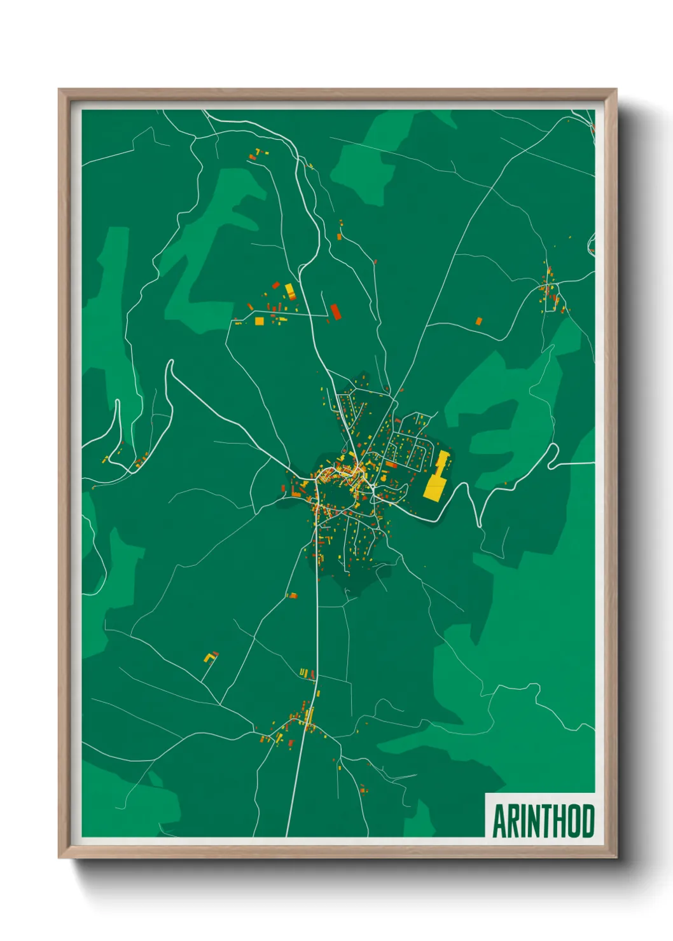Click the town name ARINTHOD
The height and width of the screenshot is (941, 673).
click(543, 821)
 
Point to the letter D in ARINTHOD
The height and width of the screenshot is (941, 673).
click(588, 821)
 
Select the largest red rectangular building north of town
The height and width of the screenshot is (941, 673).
click(335, 312)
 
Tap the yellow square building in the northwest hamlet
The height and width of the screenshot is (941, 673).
click(260, 321)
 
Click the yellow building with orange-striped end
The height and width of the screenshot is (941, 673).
click(289, 292)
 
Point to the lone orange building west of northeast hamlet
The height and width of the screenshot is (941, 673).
click(479, 321)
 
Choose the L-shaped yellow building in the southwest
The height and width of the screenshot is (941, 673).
click(209, 657)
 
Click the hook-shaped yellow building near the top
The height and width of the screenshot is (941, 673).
click(258, 152)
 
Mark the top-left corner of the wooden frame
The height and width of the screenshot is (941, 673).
click(59, 90)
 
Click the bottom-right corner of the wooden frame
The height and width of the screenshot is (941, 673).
click(615, 856)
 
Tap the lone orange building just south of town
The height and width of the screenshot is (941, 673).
click(293, 596)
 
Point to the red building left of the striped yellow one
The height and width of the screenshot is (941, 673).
click(275, 285)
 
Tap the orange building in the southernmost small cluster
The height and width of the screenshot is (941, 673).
click(363, 790)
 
